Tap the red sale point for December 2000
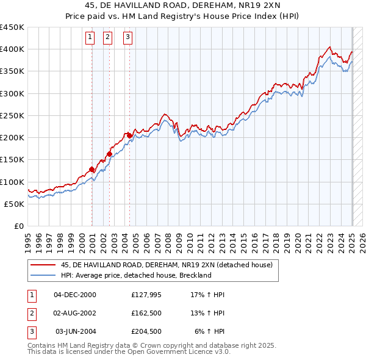(x=91, y=170)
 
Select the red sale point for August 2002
(x=110, y=154)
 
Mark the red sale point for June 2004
(x=129, y=135)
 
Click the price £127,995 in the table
(x=145, y=295)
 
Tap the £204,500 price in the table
(x=146, y=331)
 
